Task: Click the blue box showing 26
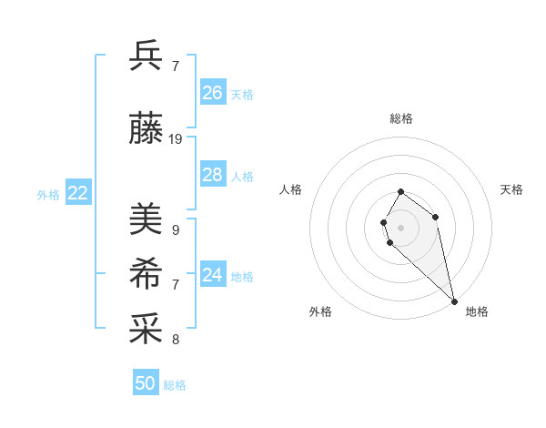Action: (x=213, y=93)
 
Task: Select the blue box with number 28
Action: (x=213, y=175)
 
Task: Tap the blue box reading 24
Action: (x=213, y=275)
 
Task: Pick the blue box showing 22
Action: (x=78, y=192)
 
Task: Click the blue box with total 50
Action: (x=146, y=383)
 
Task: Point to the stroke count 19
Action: (x=176, y=139)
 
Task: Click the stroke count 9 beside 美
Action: (x=176, y=229)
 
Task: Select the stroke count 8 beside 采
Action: (x=176, y=340)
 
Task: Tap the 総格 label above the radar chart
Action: (x=401, y=118)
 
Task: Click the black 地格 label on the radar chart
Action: (x=477, y=311)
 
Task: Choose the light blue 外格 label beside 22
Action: (x=48, y=194)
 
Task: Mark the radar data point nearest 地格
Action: (x=454, y=301)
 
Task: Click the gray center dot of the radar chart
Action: (x=401, y=227)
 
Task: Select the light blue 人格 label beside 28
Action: (x=242, y=177)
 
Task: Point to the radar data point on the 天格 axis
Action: (x=436, y=217)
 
